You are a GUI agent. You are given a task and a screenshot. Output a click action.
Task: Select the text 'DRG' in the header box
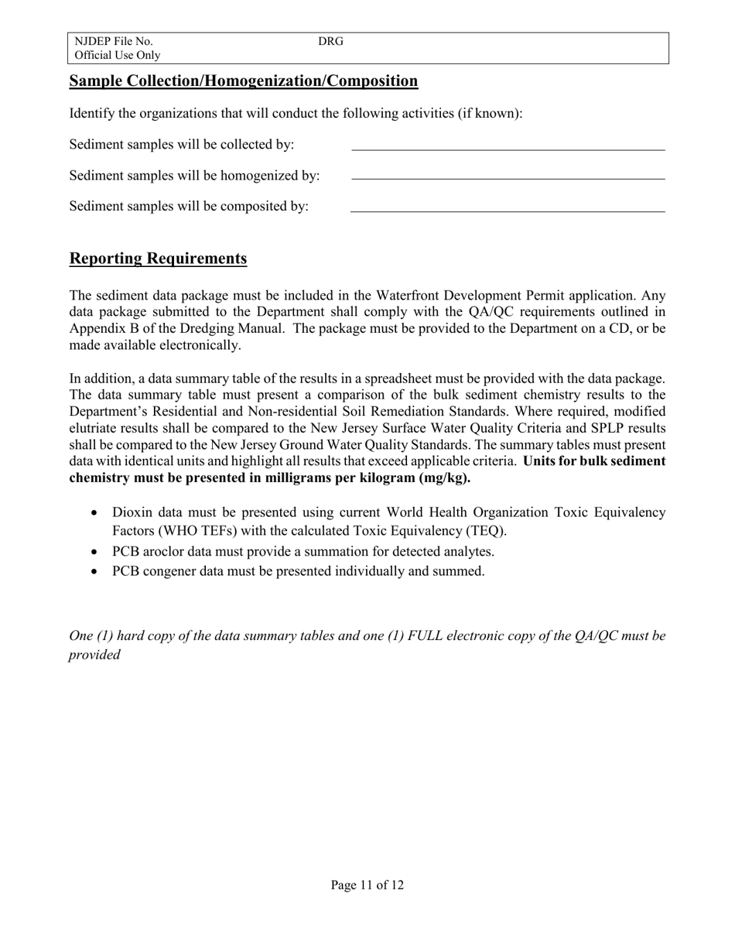tap(330, 41)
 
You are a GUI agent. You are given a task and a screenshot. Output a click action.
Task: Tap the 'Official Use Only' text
tap(117, 55)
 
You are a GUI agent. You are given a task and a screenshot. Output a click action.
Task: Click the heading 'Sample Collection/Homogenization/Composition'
tap(244, 81)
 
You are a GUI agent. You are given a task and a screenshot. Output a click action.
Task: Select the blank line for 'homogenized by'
tap(508, 178)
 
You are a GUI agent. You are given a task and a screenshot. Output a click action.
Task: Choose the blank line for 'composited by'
tap(508, 210)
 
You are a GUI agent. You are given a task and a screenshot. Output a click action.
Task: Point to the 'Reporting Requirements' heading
tap(158, 259)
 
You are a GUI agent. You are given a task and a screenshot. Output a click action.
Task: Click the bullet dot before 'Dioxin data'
tap(94, 513)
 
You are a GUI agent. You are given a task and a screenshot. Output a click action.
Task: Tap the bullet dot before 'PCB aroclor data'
tap(94, 552)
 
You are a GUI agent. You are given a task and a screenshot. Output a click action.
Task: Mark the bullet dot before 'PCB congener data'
tap(94, 572)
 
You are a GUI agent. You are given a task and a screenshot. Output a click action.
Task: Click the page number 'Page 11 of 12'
tap(367, 885)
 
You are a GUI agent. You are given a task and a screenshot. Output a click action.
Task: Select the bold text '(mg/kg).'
tap(445, 478)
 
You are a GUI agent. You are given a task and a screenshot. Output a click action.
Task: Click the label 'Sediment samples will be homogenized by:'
tap(194, 176)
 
